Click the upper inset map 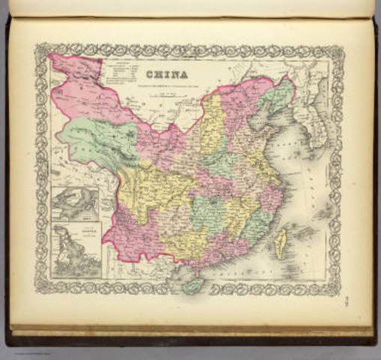tap(75, 204)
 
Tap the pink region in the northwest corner tap(79, 90)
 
